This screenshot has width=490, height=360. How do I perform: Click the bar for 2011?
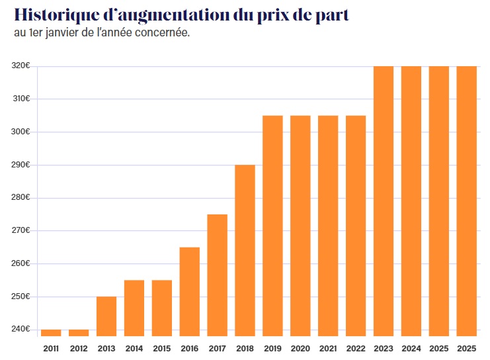[x=51, y=333]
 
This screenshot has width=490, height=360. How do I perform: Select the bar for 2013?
[x=106, y=316]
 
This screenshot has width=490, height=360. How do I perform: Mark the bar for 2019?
[x=272, y=225]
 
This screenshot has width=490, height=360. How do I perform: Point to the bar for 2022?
[x=356, y=225]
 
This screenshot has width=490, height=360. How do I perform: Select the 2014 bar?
[x=134, y=308]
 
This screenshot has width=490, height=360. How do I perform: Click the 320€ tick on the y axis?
[x=21, y=66]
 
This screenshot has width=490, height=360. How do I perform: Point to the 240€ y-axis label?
[x=21, y=329]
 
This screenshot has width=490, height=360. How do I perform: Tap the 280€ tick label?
[x=21, y=198]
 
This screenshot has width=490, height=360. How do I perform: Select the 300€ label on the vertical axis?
[x=21, y=132]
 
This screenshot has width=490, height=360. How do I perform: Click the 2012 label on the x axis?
[x=79, y=348]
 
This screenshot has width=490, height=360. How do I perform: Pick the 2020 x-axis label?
[x=300, y=348]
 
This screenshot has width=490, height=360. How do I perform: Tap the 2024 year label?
[x=411, y=348]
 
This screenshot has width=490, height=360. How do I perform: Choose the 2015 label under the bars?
[x=162, y=348]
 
